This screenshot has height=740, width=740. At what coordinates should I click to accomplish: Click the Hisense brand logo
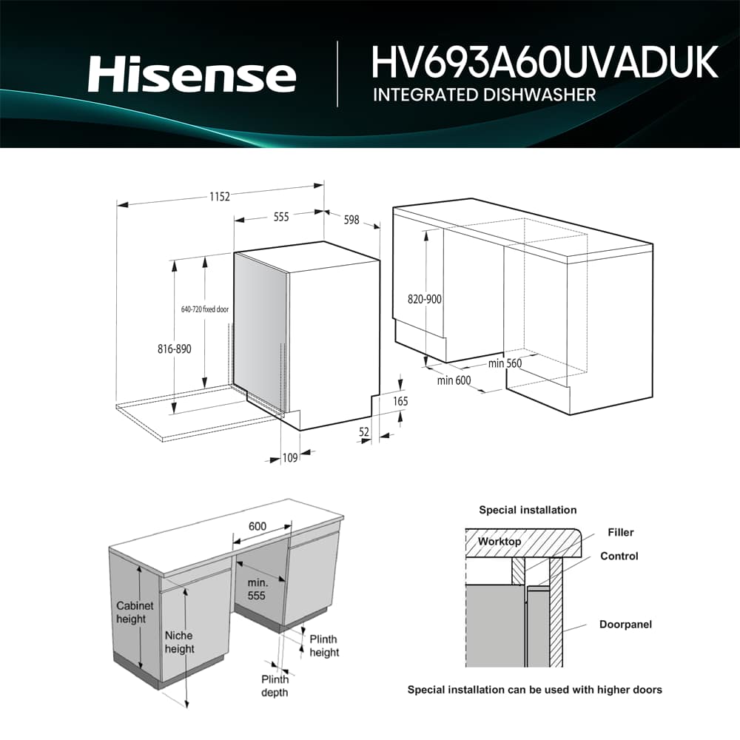(x=192, y=75)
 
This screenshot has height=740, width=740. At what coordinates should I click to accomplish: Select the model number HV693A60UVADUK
(x=545, y=62)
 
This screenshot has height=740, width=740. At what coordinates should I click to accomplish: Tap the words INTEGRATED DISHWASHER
(x=484, y=95)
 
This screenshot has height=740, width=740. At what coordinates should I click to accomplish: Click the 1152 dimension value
(x=219, y=196)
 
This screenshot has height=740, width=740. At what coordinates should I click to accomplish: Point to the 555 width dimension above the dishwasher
(x=281, y=217)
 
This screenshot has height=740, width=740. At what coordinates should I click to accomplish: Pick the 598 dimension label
(x=351, y=220)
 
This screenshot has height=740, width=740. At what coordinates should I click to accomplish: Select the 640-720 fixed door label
(x=205, y=309)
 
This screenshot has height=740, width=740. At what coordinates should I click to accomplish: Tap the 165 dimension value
(x=400, y=401)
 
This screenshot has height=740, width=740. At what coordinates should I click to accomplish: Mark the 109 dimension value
(x=289, y=458)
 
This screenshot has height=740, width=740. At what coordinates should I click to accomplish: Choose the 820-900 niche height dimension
(x=425, y=300)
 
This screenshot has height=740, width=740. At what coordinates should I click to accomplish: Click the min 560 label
(x=505, y=363)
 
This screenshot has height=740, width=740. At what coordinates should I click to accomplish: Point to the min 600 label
(x=454, y=380)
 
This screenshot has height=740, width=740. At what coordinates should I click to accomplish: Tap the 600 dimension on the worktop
(x=257, y=526)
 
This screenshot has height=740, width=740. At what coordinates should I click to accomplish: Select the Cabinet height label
(x=135, y=612)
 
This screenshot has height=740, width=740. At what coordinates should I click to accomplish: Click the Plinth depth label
(x=274, y=686)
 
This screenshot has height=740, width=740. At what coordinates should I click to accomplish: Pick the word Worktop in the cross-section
(x=499, y=542)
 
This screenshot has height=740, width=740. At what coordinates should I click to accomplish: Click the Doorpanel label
(x=625, y=625)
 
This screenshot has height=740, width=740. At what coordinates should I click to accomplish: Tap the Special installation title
(x=527, y=510)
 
